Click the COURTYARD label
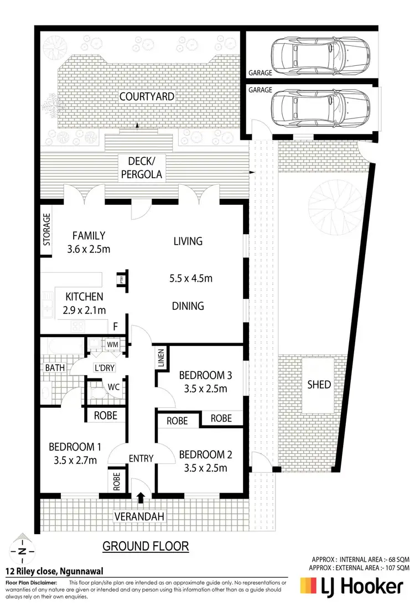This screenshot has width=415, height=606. (147, 96)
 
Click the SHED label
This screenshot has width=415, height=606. (319, 385)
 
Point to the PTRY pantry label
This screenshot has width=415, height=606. (120, 280)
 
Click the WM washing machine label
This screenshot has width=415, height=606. (113, 345)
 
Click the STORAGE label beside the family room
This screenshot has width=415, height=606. (47, 230)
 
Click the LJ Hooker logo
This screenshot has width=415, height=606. (352, 586)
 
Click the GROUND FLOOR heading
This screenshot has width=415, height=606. (146, 546)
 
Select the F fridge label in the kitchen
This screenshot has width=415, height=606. (116, 327)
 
